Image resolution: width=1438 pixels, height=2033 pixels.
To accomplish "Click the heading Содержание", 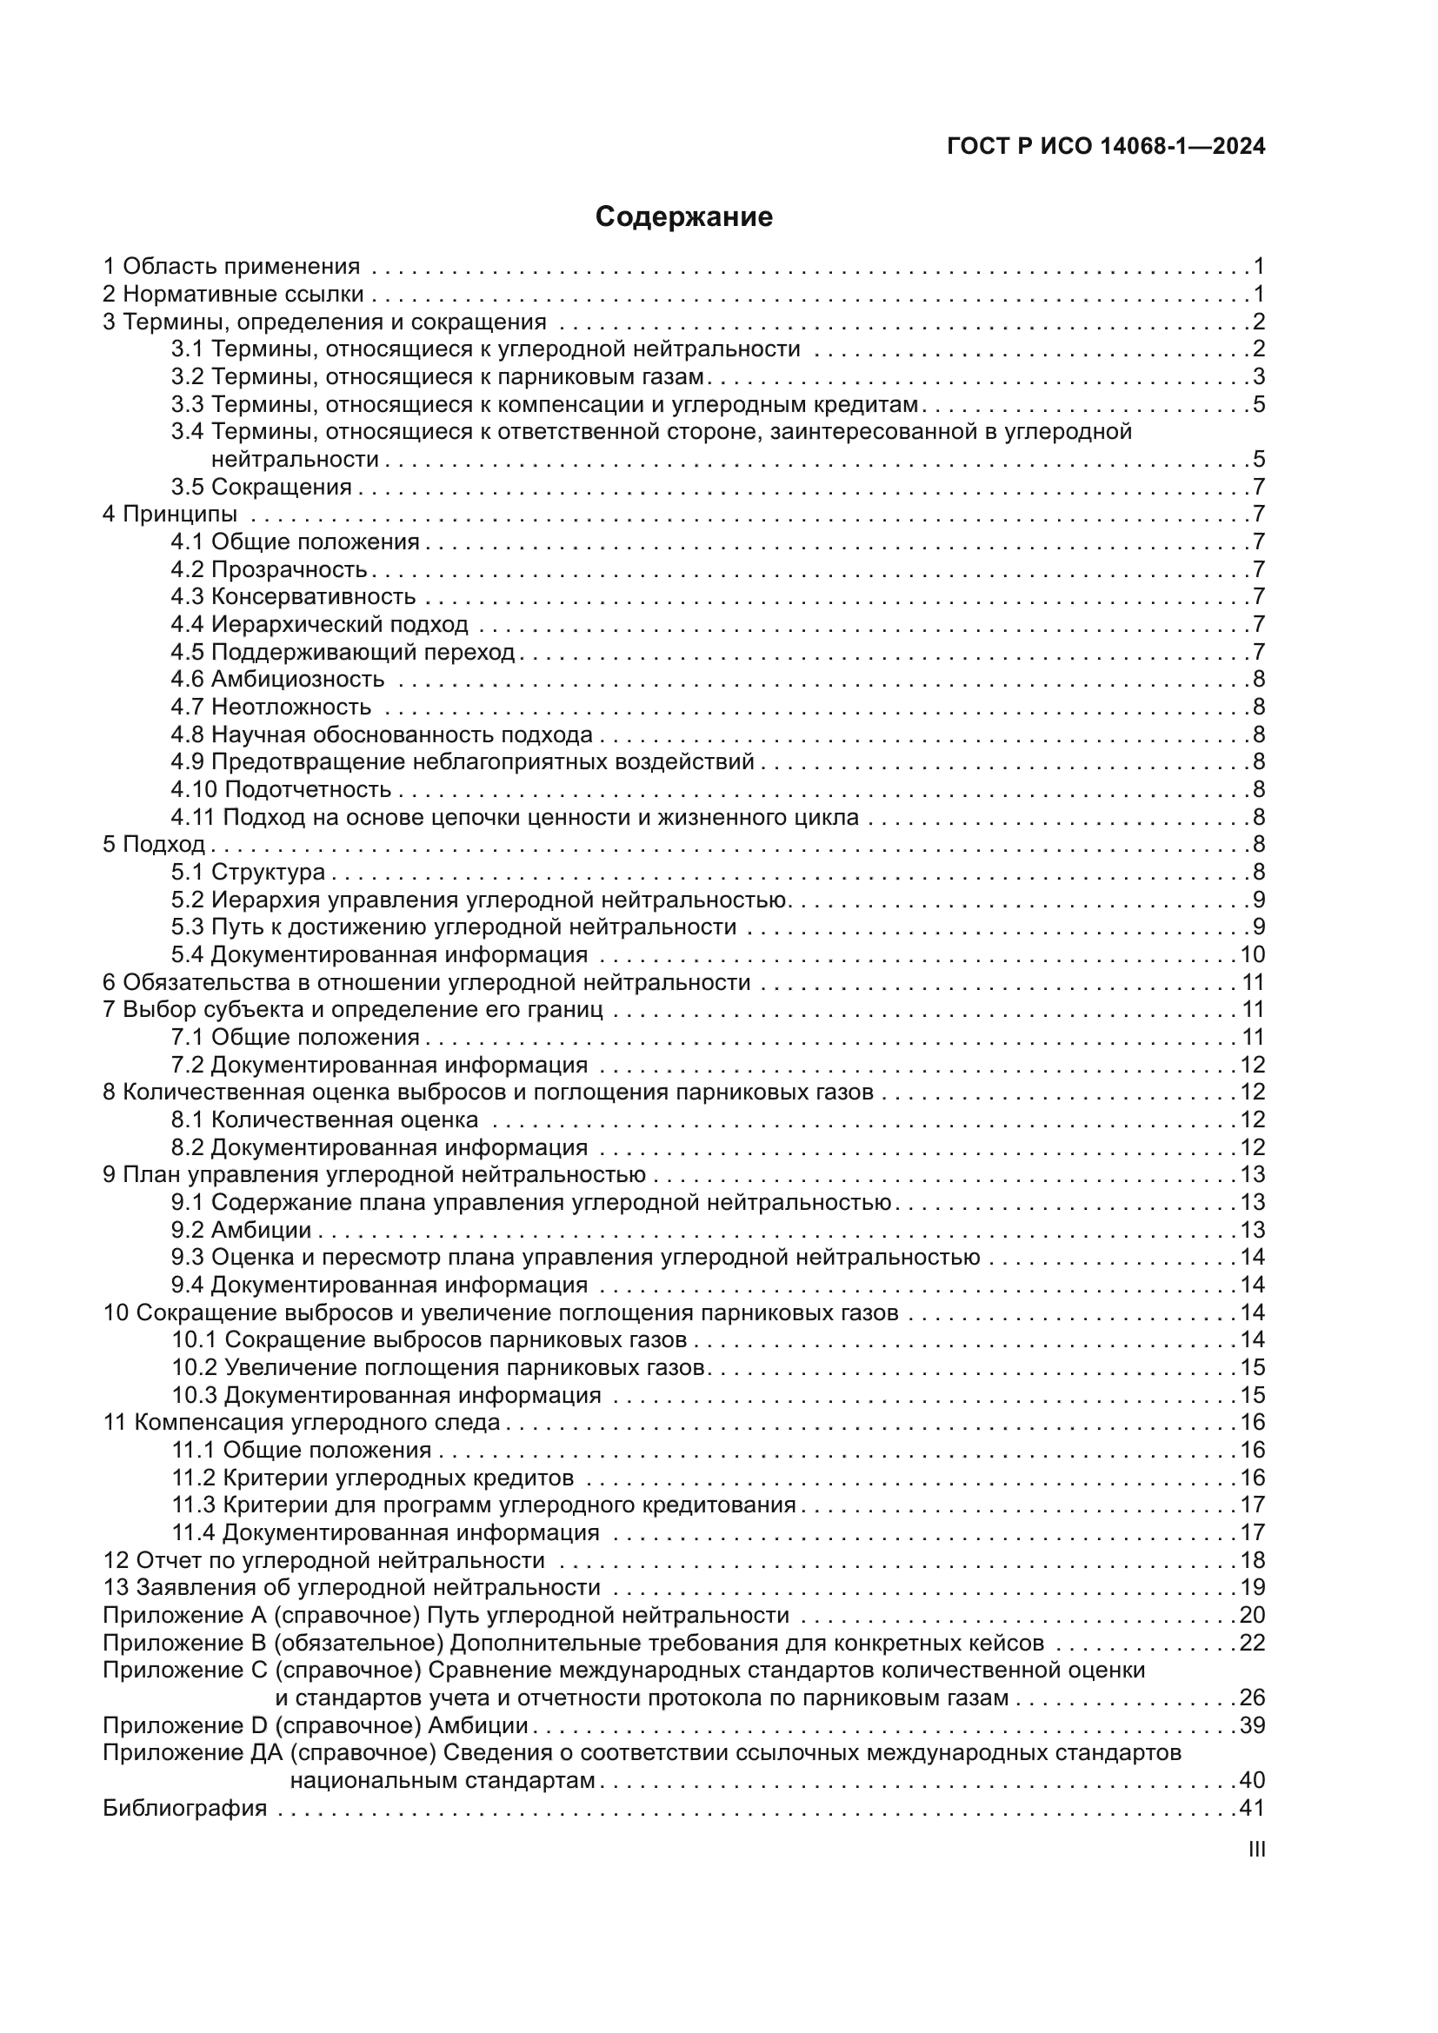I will click(683, 217).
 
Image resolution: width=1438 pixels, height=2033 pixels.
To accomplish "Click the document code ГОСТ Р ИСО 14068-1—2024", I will click(1106, 147).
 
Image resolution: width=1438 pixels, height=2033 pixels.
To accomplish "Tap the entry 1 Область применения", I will click(232, 267).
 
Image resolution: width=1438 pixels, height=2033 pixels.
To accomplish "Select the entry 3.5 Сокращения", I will click(261, 487).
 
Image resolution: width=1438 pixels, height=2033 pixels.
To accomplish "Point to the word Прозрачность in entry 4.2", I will click(289, 569).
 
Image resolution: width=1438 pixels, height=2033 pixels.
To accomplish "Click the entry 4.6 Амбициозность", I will click(277, 680).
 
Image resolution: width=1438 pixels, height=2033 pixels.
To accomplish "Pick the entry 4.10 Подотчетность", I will click(281, 790).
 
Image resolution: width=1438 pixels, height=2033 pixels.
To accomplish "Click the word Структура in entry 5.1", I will click(269, 872).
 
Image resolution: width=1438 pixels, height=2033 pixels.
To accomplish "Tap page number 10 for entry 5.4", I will click(1252, 954).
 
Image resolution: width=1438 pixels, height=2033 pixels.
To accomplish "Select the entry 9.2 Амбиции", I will click(241, 1230).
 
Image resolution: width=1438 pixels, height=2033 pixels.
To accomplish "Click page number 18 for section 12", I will click(1252, 1560).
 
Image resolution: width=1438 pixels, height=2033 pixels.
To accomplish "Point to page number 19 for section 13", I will click(1252, 1588).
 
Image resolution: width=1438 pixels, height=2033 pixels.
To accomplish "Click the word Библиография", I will click(185, 1808).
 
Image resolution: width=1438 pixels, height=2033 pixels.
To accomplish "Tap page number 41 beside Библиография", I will click(1252, 1808).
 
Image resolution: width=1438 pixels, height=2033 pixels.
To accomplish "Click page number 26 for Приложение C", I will click(1252, 1698).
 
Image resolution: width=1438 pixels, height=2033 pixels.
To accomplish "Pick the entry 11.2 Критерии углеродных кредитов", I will click(372, 1478).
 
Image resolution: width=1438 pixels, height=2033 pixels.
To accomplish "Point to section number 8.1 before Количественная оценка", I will click(188, 1120).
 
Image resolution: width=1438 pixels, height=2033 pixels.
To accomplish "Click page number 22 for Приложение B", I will click(1252, 1644).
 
